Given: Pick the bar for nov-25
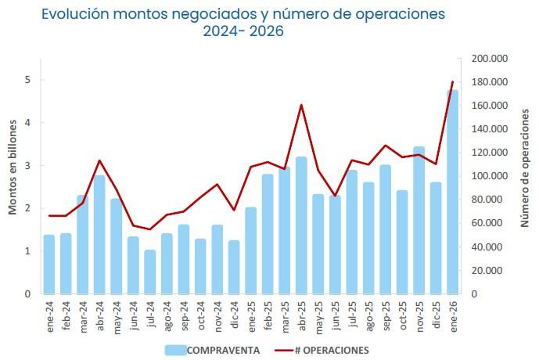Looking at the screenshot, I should point(419,220).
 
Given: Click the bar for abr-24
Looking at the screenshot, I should point(99,235).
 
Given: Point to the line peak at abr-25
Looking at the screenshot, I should point(301,105).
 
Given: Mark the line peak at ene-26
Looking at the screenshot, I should point(453,82).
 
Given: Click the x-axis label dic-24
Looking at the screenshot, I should point(234,315).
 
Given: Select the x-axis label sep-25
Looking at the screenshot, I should point(386,315).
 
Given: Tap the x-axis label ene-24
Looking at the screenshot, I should point(49,315).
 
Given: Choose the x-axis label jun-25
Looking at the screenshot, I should point(335,315).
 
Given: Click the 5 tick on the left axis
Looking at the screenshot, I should point(27,80).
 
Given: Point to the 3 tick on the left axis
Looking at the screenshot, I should point(27,166).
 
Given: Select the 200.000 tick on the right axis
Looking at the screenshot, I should point(490,59).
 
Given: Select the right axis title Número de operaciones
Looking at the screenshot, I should point(525,176).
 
